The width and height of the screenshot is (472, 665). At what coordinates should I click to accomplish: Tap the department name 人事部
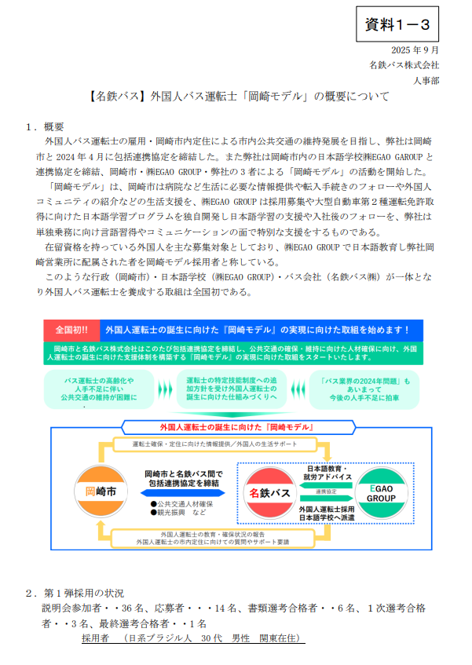(425, 79)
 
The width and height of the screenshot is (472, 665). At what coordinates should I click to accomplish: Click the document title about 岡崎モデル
(236, 98)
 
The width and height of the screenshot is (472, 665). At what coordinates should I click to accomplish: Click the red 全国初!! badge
(71, 330)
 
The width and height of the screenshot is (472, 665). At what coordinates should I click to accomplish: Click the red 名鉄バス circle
(271, 492)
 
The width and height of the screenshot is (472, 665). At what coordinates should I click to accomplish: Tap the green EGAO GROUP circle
(382, 492)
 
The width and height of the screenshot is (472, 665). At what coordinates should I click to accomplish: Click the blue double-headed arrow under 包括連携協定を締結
(184, 492)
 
